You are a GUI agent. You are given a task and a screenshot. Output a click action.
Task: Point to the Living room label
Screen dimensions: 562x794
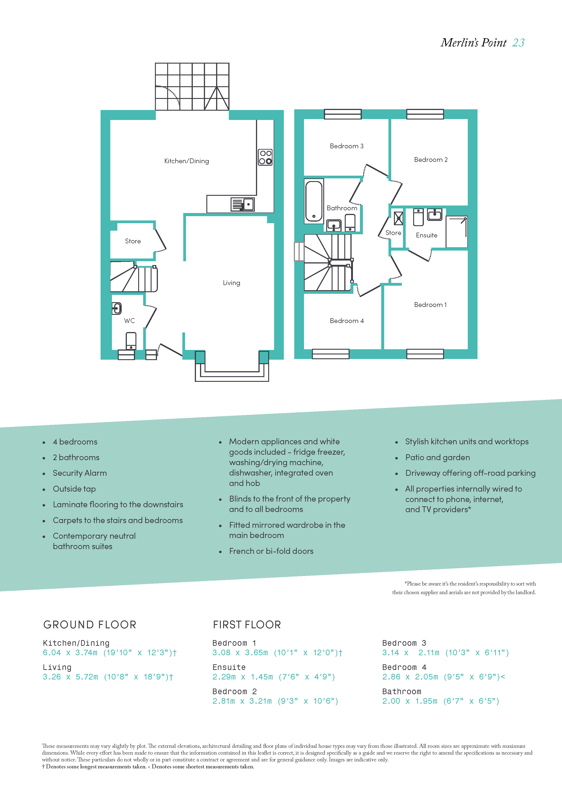pos(232,283)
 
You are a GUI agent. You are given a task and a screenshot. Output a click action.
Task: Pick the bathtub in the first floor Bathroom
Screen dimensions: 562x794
pos(314,201)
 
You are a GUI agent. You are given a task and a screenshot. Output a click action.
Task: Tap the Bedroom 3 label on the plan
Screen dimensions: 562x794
pos(347,146)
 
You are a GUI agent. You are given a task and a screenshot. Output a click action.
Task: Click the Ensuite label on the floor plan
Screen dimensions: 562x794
pos(427,235)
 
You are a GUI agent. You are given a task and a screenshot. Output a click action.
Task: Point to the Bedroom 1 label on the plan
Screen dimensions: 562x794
pos(430,305)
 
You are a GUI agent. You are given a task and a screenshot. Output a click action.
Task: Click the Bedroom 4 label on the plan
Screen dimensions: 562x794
pos(347,321)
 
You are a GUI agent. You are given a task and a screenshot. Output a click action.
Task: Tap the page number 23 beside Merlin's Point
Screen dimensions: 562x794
pos(519,43)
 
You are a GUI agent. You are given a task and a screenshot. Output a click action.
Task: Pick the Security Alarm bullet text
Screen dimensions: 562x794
pos(80,473)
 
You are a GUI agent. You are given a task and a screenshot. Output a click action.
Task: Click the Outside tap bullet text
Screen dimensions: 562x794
pos(74,489)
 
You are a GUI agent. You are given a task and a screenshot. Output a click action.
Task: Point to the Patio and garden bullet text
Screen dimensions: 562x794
pos(438,457)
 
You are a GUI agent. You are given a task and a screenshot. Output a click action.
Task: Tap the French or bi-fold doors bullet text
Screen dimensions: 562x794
pos(271,551)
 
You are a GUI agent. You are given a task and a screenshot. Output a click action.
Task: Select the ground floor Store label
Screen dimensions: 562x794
pos(133,241)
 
